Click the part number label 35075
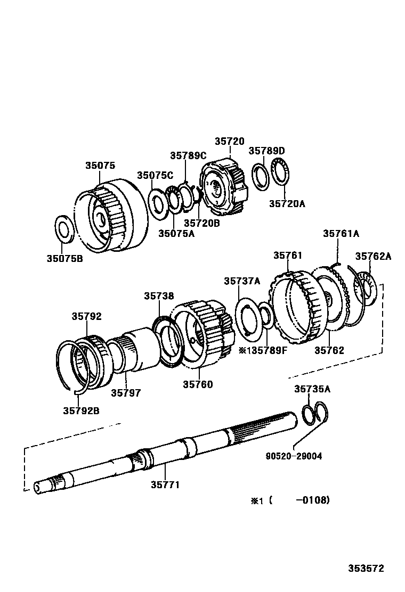click(x=100, y=166)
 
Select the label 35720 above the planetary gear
click(x=230, y=141)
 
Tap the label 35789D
click(x=267, y=151)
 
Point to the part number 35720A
click(x=287, y=203)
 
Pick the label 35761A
click(x=341, y=233)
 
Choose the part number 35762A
click(x=373, y=256)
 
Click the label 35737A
click(x=242, y=281)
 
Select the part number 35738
click(x=159, y=295)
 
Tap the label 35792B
click(x=82, y=410)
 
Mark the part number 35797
click(x=126, y=393)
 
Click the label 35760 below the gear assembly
click(x=198, y=384)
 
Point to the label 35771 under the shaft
click(x=165, y=484)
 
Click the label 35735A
click(x=312, y=389)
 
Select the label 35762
click(x=329, y=350)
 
